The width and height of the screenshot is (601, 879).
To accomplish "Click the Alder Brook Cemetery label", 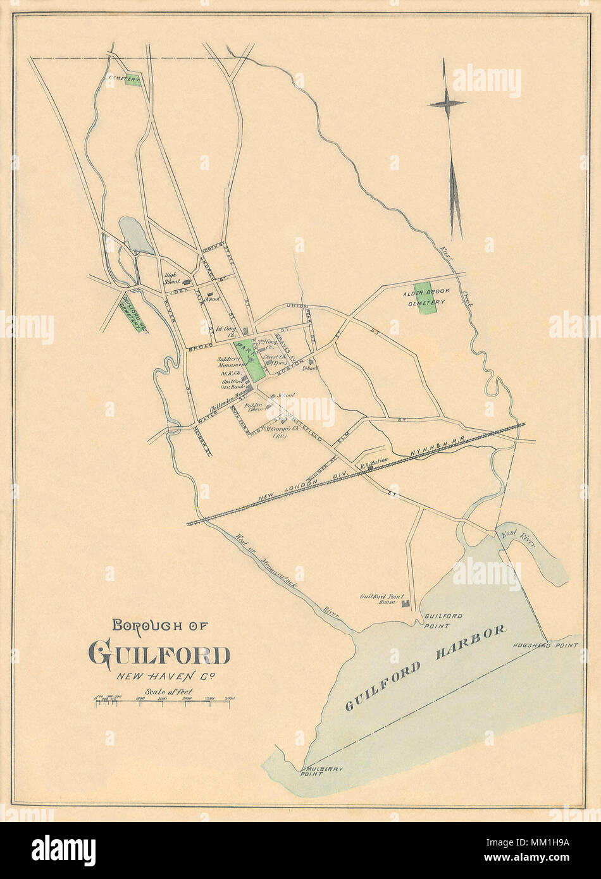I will coord(423,298).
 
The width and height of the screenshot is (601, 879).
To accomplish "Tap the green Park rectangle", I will coord(248,360).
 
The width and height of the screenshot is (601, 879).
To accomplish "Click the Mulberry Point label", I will coord(321,771).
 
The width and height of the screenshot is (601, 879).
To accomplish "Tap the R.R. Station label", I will coord(374,462).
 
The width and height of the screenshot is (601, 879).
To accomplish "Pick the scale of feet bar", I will coord(163,703).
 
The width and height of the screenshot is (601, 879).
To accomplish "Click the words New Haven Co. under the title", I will coord(165,676).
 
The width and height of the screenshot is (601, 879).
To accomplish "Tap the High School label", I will coord(172,278).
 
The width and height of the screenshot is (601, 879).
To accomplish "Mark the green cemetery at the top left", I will coord(133,82).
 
